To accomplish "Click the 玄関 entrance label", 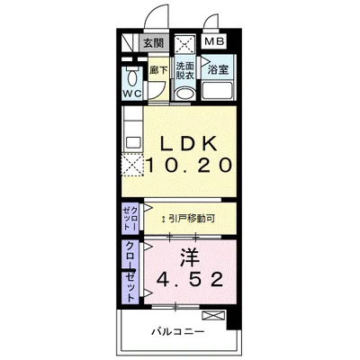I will pyautogui.click(x=154, y=42).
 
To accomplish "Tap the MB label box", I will pyautogui.click(x=214, y=42).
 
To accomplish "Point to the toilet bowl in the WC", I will pyautogui.click(x=131, y=74).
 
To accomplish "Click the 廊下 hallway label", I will pyautogui.click(x=158, y=67).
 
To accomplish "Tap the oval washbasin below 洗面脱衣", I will pyautogui.click(x=185, y=91).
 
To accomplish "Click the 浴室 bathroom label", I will pyautogui.click(x=217, y=68).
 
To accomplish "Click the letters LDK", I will pyautogui.click(x=192, y=143).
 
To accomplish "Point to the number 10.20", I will pyautogui.click(x=192, y=166).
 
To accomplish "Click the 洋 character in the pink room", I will pyautogui.click(x=190, y=256).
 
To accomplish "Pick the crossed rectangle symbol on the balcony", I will pyautogui.click(x=214, y=315).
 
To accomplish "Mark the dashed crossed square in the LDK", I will pyautogui.click(x=133, y=165).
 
